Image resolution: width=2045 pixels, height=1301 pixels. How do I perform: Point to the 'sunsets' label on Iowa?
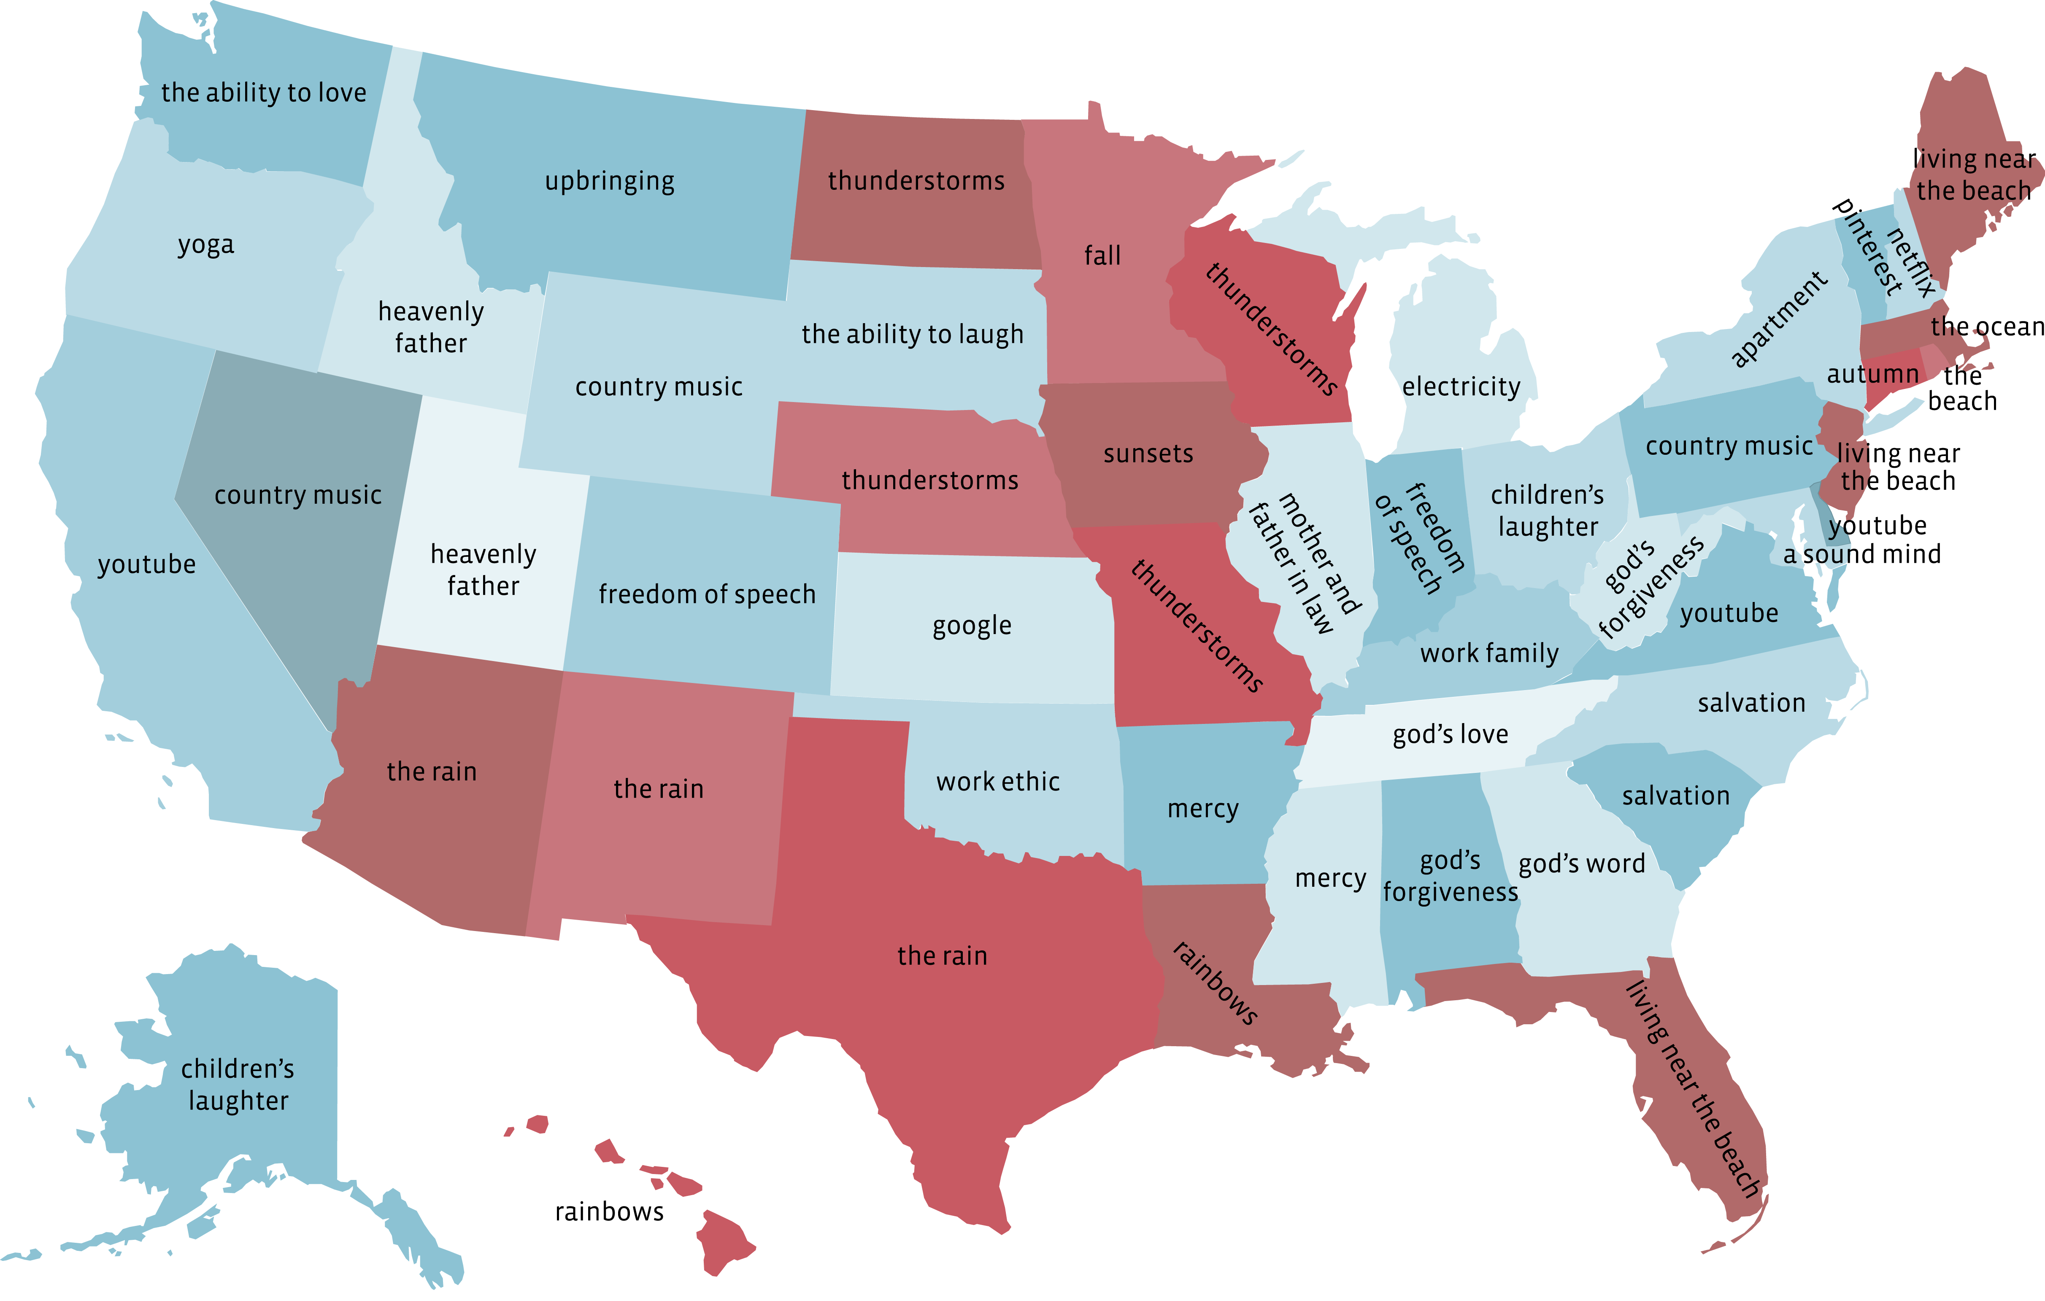[x=1148, y=454]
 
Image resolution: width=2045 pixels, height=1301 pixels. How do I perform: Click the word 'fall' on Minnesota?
[x=1102, y=256]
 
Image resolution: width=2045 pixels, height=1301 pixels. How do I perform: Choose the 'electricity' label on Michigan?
[x=1461, y=387]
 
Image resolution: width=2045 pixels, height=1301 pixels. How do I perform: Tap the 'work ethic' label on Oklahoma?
[x=998, y=782]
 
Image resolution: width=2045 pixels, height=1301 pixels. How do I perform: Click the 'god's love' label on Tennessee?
[x=1451, y=734]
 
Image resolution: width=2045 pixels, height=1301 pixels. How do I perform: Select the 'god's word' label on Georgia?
[x=1581, y=864]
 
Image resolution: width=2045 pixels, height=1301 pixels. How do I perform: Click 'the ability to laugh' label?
[x=912, y=335]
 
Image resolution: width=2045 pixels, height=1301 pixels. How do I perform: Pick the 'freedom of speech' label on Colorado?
[x=707, y=594]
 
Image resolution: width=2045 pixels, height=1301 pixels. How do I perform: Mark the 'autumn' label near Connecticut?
[x=1872, y=375]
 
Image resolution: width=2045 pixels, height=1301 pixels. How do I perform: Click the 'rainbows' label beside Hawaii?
[x=609, y=1212]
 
